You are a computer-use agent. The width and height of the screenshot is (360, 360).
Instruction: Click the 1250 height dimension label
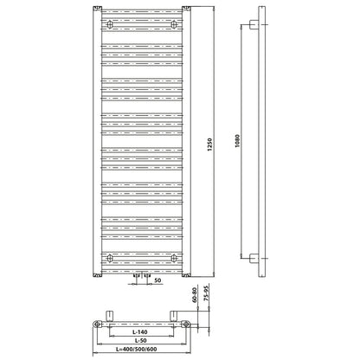[x=210, y=145]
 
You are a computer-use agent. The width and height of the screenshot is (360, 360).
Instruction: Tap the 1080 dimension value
[x=237, y=141]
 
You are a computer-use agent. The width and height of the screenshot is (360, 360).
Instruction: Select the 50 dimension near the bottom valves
[x=157, y=280]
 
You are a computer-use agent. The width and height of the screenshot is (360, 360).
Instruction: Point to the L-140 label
[x=140, y=332]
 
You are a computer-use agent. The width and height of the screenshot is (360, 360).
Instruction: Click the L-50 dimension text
[x=140, y=340]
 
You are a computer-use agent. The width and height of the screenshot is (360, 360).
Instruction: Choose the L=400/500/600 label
[x=137, y=349]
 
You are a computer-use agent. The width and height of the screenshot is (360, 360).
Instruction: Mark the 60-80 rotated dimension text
[x=194, y=294]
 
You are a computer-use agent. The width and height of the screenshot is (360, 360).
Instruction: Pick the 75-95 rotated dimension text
[x=206, y=292]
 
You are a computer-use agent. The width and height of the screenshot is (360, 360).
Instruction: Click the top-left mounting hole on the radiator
[x=110, y=24]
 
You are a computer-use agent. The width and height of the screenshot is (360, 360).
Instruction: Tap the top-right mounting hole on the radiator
[x=174, y=24]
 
